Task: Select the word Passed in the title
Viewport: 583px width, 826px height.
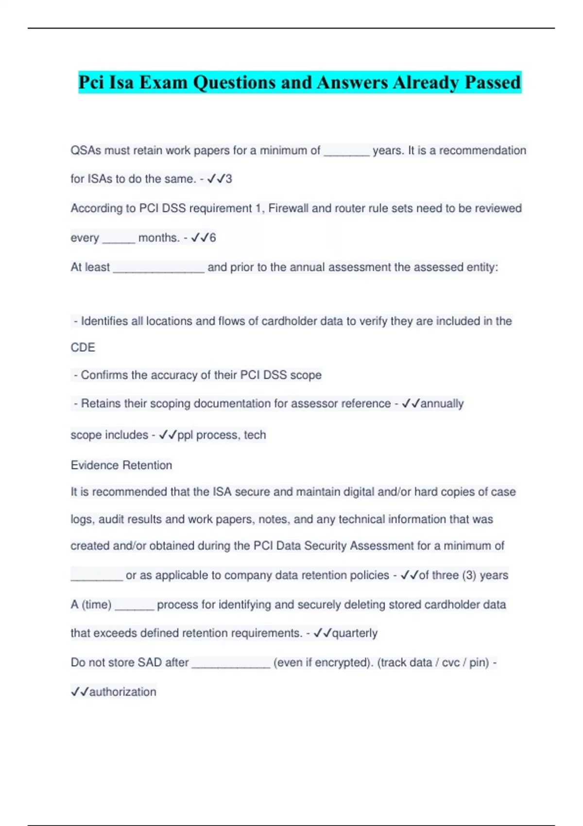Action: coord(493,82)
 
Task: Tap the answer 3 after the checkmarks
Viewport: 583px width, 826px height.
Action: coord(229,179)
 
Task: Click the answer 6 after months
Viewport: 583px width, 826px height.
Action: coord(212,238)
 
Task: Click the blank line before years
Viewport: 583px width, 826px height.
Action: coord(346,152)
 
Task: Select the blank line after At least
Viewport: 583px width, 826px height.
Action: coord(158,268)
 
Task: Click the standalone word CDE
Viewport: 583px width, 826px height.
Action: coord(83,347)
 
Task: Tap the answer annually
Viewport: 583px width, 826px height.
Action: coord(442,404)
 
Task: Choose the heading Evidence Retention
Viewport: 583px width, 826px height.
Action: coord(121,465)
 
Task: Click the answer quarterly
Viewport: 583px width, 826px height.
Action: coord(354,633)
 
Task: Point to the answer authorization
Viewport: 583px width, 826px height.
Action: coord(122,692)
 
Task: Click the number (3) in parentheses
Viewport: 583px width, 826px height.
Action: coord(469,575)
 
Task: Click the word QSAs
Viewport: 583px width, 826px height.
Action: coord(86,151)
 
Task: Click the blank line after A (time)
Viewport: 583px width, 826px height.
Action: coord(135,606)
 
